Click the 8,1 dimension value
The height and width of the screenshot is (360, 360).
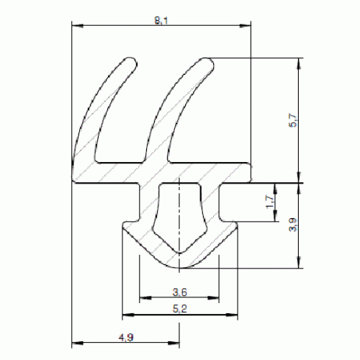(161, 21)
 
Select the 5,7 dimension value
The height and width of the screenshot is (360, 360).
(293, 120)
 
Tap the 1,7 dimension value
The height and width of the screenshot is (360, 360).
(270, 202)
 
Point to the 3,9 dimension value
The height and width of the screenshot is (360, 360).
(293, 225)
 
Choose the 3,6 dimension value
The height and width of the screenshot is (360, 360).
(180, 292)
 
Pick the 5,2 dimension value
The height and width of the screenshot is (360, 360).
(180, 309)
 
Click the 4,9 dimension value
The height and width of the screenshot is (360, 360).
(126, 338)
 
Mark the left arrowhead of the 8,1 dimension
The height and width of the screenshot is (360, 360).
(78, 26)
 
